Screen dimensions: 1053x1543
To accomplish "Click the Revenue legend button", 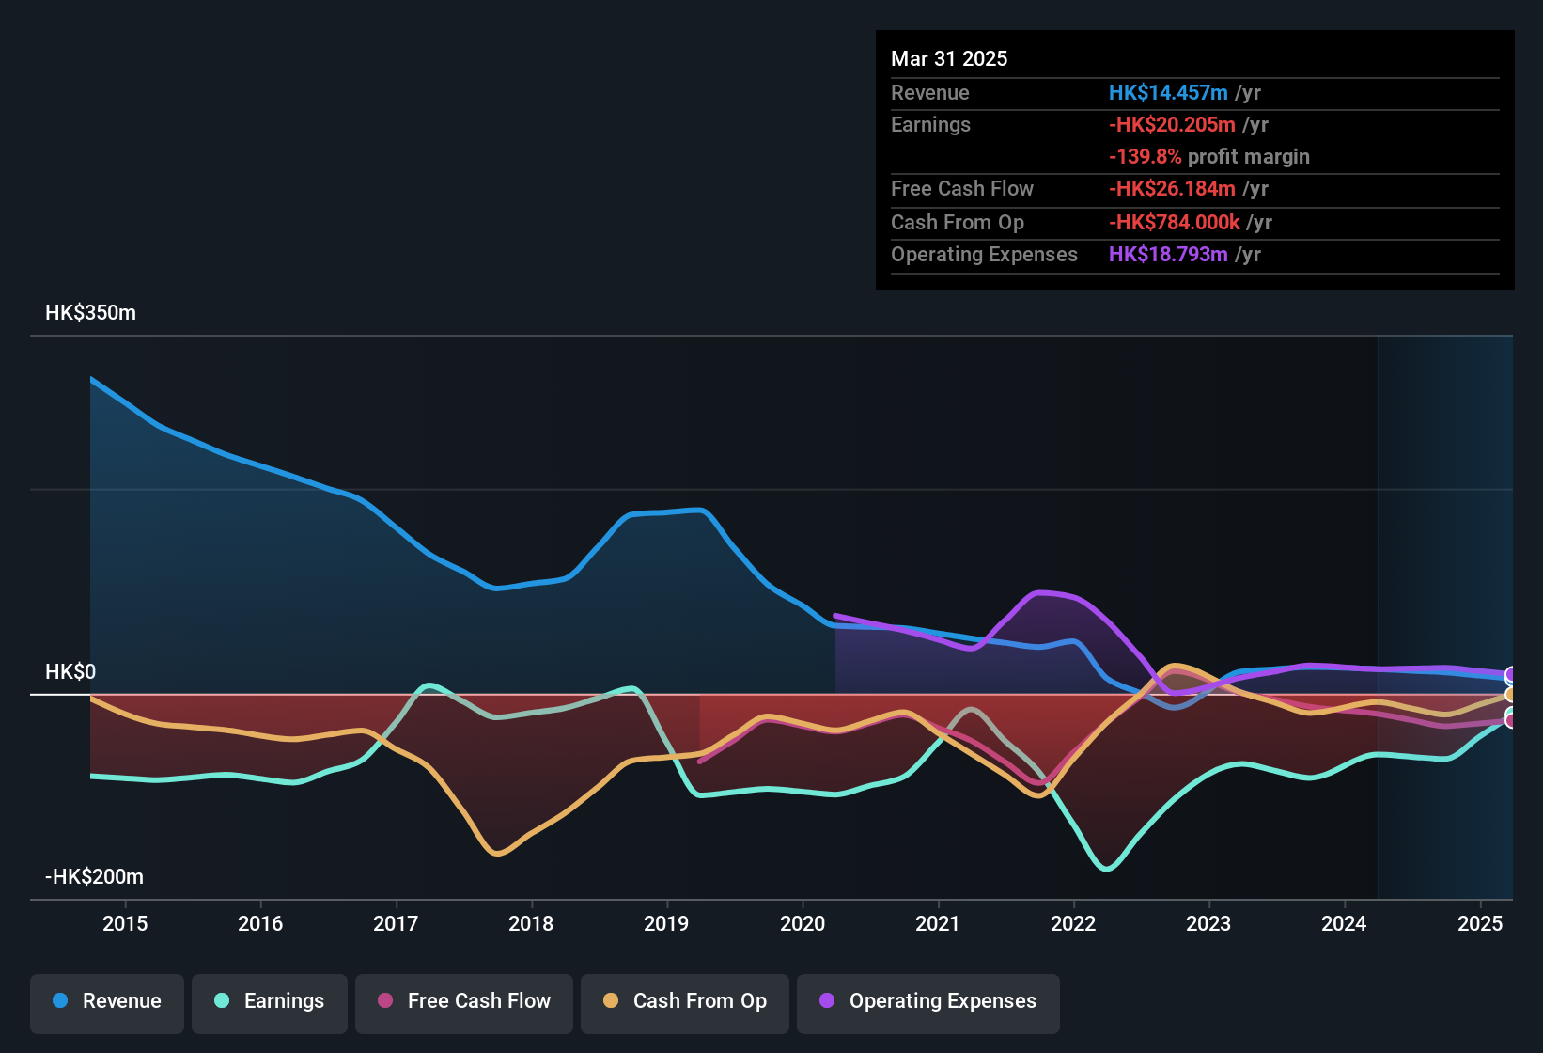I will (107, 1001).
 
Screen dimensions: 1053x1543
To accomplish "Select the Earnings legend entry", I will (270, 1001).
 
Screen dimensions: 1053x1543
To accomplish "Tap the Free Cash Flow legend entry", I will (464, 1001).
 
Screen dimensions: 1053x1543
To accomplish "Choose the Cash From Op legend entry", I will (685, 1001).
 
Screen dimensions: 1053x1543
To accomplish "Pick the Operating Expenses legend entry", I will (928, 1001).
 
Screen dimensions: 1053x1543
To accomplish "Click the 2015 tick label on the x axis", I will (125, 924).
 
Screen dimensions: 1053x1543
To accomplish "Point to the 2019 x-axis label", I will (666, 924).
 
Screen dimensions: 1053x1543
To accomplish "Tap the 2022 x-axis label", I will (1073, 924).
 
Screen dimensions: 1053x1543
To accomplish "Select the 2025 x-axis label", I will (1480, 924).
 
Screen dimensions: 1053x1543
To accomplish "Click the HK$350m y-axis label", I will (90, 313).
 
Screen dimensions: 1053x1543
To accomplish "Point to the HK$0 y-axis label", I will (70, 672).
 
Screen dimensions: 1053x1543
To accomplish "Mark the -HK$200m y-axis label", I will (94, 877).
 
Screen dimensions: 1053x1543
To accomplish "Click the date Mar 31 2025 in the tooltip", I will (949, 59).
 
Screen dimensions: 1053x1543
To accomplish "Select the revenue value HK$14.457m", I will (1168, 93).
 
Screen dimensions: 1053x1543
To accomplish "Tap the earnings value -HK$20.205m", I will (1172, 125).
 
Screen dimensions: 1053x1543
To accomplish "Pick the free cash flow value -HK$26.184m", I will (1172, 189).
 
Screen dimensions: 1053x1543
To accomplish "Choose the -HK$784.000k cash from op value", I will (1174, 223).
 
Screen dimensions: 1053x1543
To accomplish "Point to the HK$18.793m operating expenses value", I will (1168, 255).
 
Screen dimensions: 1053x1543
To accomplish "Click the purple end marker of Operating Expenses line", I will (1511, 675).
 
